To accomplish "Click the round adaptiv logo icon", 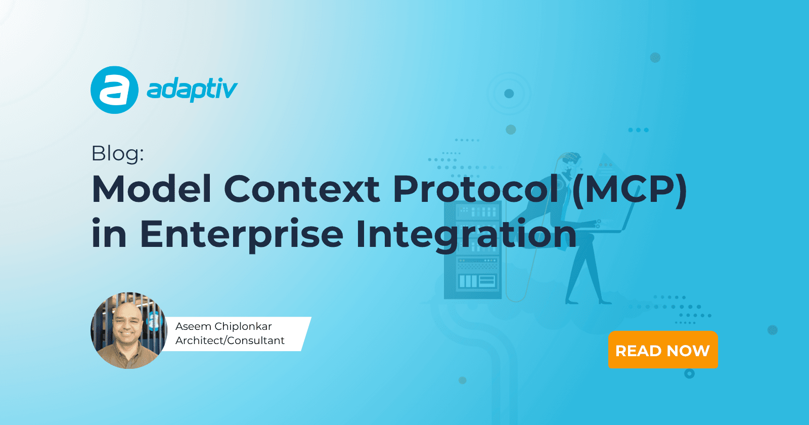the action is pyautogui.click(x=114, y=90).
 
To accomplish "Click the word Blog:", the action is pyautogui.click(x=118, y=154).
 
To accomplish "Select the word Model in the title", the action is pyautogui.click(x=152, y=189).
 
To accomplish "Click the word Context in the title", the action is pyautogui.click(x=302, y=189).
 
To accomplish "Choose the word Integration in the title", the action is pyautogui.click(x=466, y=235).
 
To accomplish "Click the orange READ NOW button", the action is pyautogui.click(x=663, y=350).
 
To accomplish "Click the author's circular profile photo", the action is pyautogui.click(x=129, y=330).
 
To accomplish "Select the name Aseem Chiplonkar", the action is pyautogui.click(x=223, y=326).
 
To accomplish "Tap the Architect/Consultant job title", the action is pyautogui.click(x=230, y=341).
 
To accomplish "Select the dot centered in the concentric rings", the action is pyautogui.click(x=509, y=94).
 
